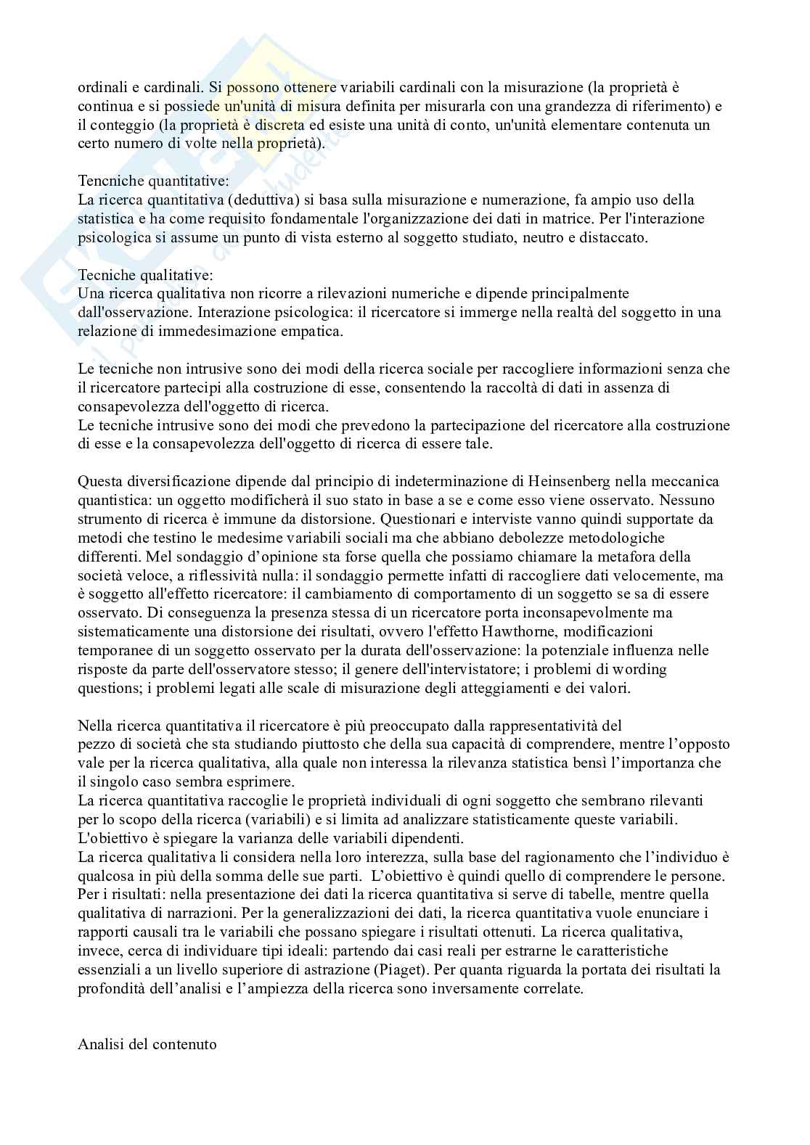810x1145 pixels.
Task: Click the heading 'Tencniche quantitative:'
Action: pyautogui.click(x=142, y=180)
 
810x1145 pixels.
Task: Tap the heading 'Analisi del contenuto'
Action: pyautogui.click(x=147, y=1045)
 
